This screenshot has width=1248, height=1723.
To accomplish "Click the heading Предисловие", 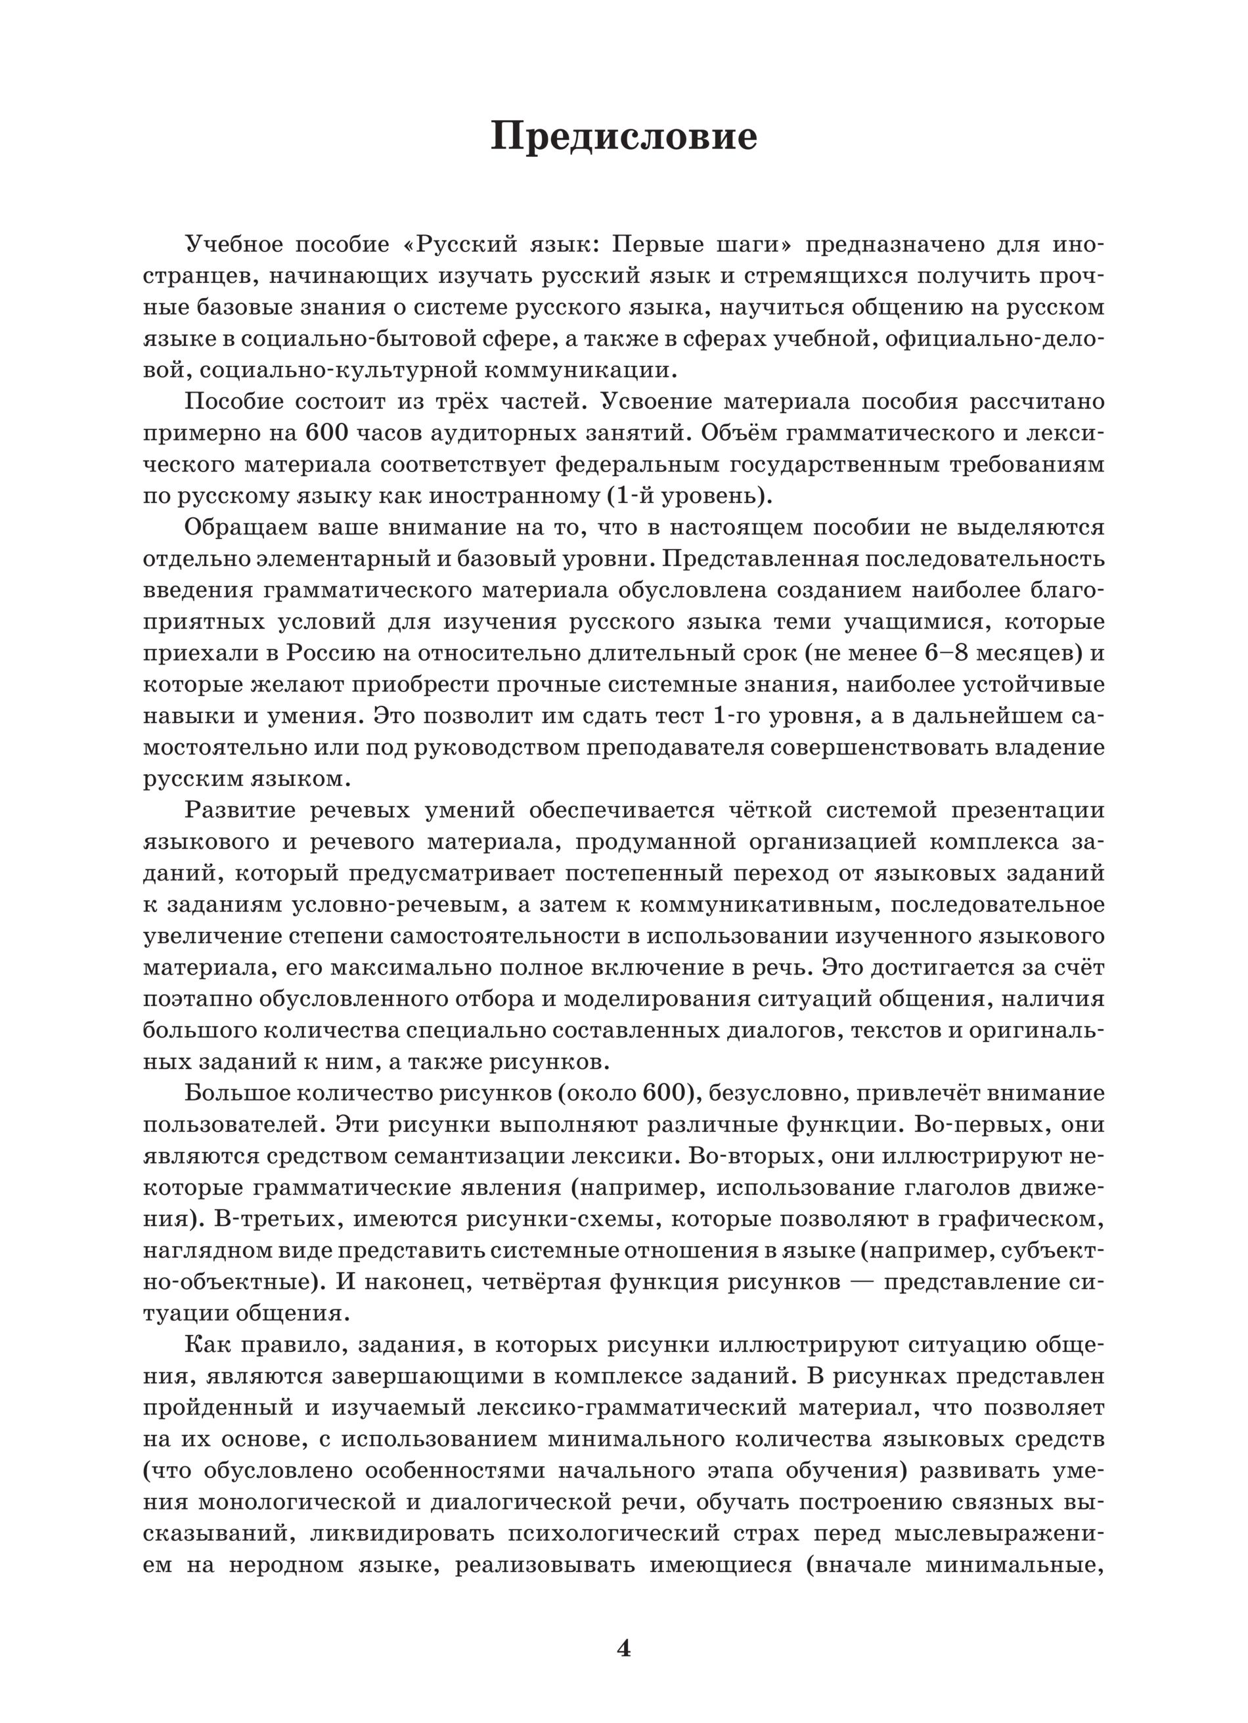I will tap(623, 137).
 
